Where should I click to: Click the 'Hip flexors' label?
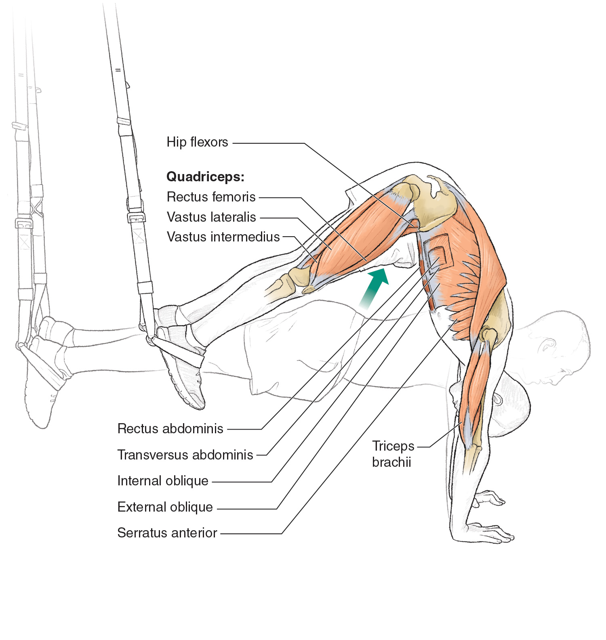coord(197,142)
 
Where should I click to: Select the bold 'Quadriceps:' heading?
coord(205,176)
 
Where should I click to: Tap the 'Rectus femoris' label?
coord(211,197)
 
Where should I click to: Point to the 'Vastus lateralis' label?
coord(211,217)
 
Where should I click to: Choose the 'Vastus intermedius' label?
coord(223,237)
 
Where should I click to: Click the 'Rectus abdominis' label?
coord(170,429)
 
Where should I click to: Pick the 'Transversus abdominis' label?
coord(185,455)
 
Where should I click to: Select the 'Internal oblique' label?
coord(163,481)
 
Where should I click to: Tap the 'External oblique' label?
coord(165,507)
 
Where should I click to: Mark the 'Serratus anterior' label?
coord(167,533)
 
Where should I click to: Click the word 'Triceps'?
coord(393,446)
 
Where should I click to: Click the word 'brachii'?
coord(391,462)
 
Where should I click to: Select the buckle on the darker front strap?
coord(136,217)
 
